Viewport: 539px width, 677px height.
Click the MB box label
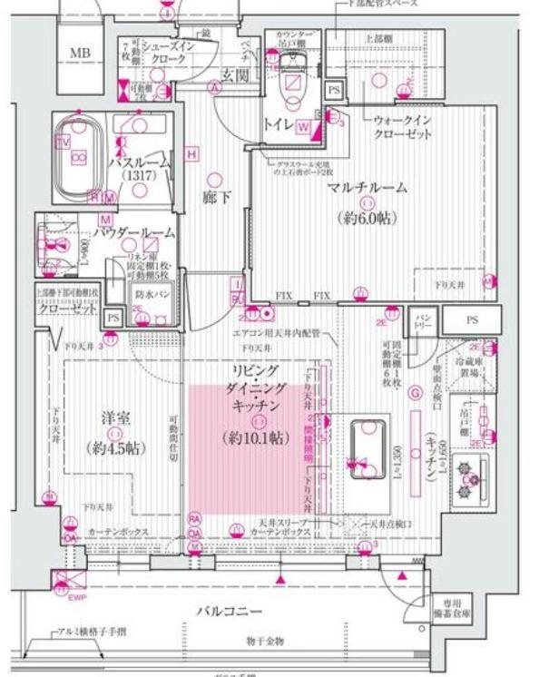tap(80, 53)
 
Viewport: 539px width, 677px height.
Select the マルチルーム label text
tap(368, 188)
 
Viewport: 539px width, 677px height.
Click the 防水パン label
tap(151, 295)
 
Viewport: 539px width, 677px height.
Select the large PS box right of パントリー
tap(472, 319)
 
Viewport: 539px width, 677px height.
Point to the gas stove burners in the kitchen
tap(472, 479)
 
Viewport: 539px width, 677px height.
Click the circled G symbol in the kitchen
tap(415, 393)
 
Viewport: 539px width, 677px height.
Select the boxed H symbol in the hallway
tap(192, 154)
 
